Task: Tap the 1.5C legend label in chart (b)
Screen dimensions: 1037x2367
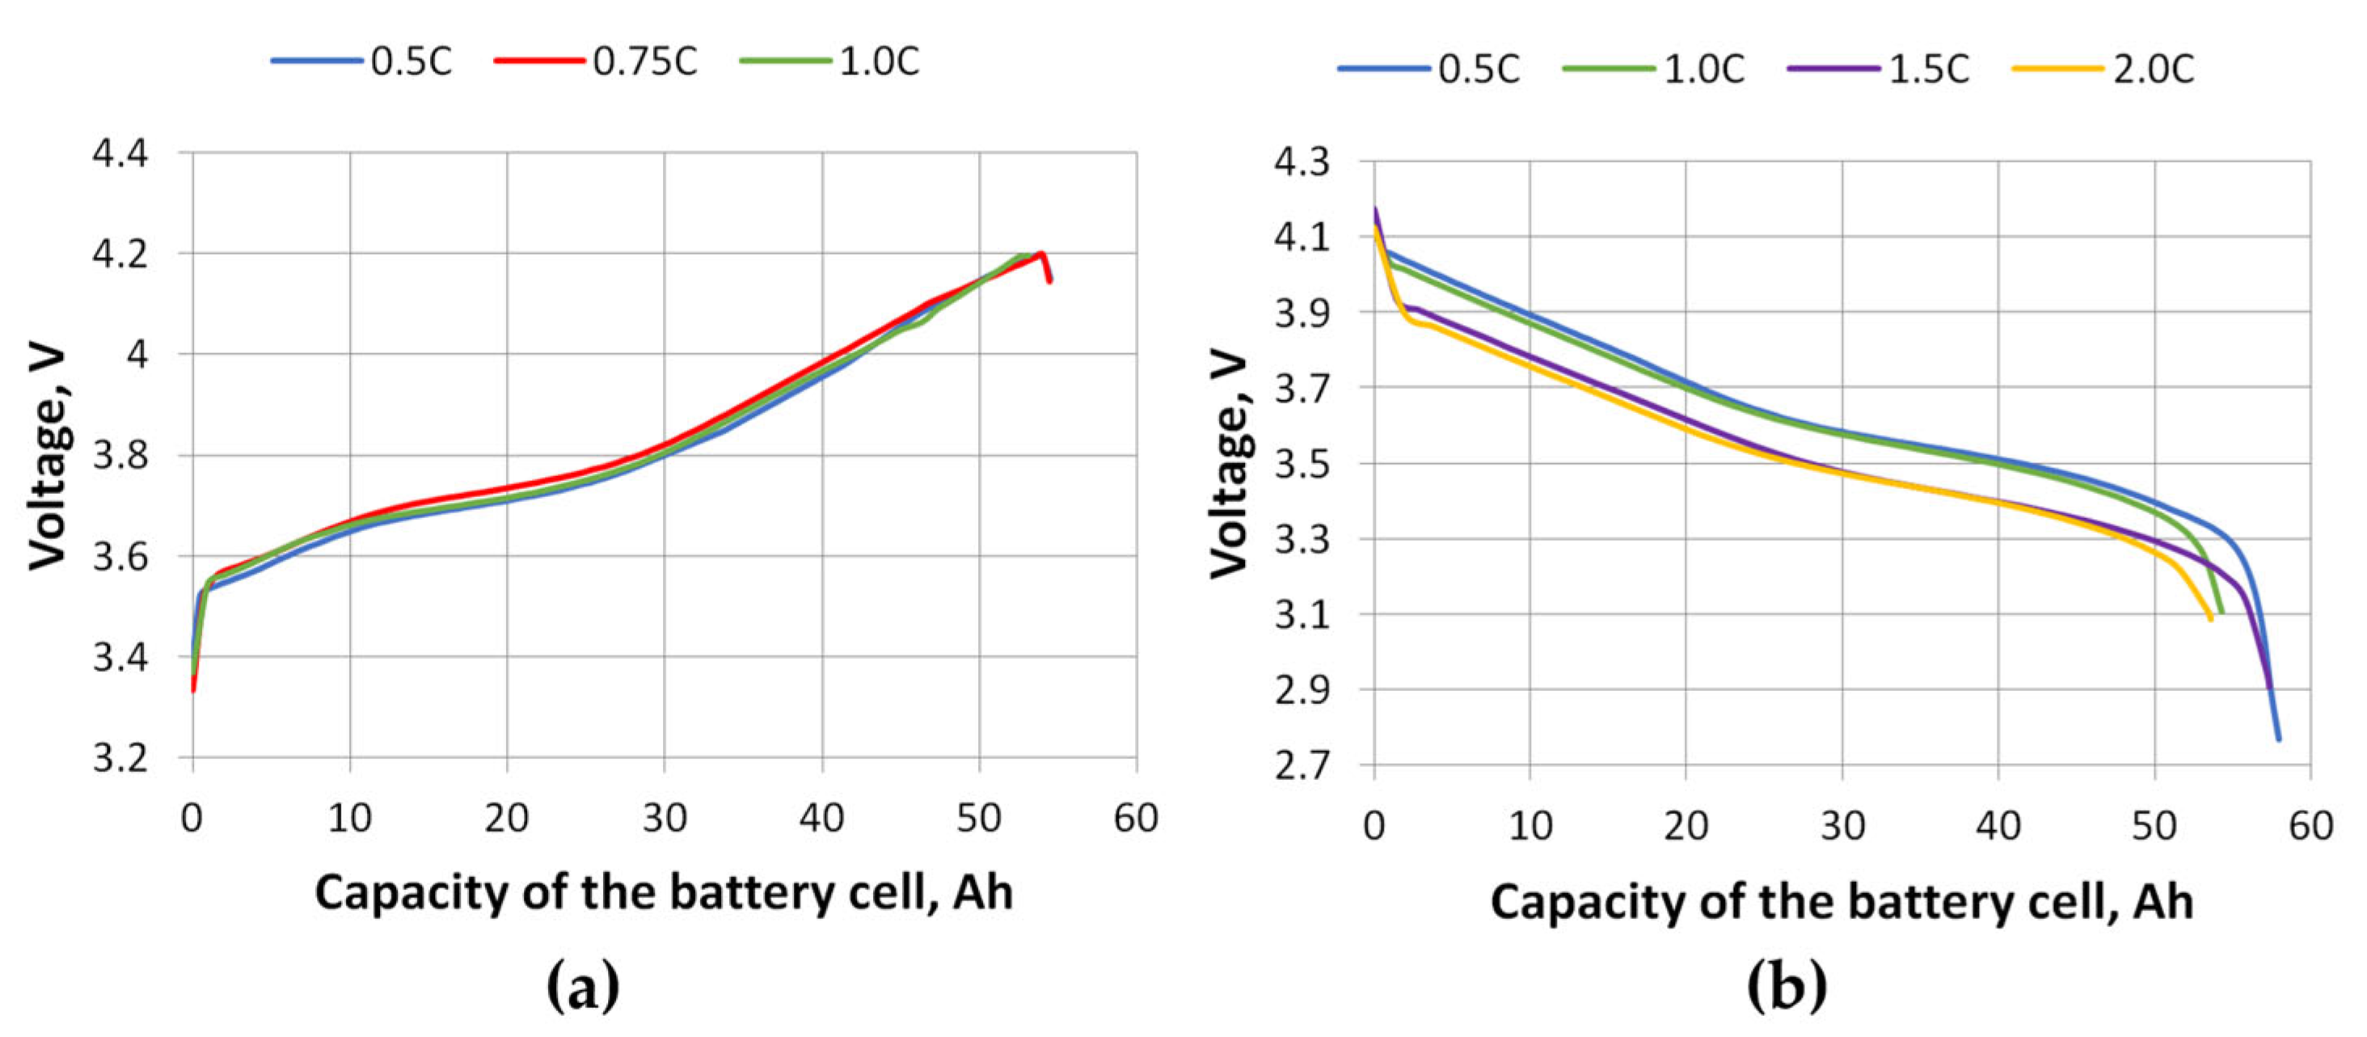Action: tap(1929, 69)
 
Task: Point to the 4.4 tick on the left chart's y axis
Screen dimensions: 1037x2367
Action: tap(120, 153)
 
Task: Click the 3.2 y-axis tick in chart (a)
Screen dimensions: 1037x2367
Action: tap(120, 759)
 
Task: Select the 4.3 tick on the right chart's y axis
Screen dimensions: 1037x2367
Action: tap(1301, 162)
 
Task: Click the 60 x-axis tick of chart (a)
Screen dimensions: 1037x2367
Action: tap(1136, 817)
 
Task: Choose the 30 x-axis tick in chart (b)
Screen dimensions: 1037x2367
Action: tap(1842, 826)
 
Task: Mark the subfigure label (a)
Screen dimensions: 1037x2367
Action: tap(583, 986)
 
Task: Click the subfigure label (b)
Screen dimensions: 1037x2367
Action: tap(1787, 986)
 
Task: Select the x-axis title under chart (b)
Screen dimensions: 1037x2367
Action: tap(1842, 901)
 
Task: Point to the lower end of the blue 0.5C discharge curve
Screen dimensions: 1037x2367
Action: tap(2279, 739)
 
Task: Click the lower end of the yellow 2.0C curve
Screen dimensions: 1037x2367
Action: tap(2210, 619)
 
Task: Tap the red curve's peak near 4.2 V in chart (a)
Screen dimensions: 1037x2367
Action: tap(1041, 254)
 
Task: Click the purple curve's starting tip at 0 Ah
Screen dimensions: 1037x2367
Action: tap(1376, 209)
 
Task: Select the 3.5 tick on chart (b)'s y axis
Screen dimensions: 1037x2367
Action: tap(1301, 464)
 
